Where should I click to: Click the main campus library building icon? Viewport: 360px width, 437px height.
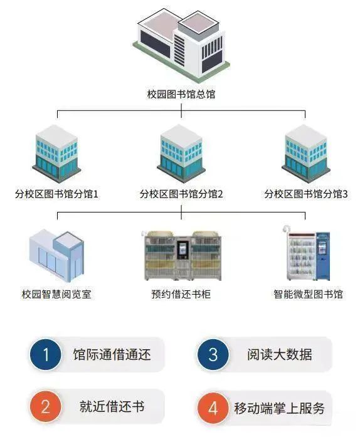(181, 45)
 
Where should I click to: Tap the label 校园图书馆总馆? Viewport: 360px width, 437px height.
(181, 94)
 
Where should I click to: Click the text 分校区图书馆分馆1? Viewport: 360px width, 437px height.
(56, 194)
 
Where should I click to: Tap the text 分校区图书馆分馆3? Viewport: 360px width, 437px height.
(306, 194)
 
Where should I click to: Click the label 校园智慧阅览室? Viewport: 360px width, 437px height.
(56, 294)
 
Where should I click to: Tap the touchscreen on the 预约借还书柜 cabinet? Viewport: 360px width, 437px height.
(183, 250)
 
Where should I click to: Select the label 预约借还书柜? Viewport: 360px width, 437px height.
(181, 294)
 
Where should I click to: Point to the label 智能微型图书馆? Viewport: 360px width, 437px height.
(308, 294)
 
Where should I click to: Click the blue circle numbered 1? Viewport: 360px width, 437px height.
(46, 354)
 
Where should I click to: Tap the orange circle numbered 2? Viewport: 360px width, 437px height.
(46, 406)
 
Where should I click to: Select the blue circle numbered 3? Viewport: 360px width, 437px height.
(213, 354)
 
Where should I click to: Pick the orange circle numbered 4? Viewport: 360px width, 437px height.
(213, 408)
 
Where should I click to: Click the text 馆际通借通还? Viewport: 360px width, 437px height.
(112, 354)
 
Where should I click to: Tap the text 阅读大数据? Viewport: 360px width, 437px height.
(280, 354)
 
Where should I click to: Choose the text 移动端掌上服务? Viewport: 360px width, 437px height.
(280, 408)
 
